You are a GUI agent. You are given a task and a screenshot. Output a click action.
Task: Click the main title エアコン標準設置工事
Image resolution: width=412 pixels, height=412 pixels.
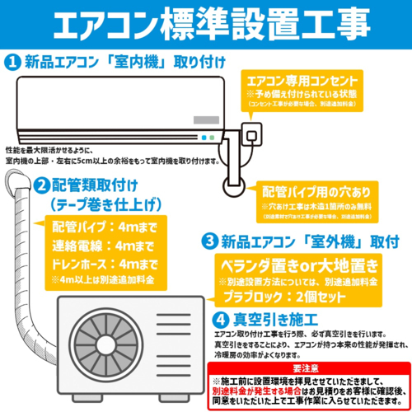(206, 24)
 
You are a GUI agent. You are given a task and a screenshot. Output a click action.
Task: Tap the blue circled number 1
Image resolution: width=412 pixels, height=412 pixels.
(12, 62)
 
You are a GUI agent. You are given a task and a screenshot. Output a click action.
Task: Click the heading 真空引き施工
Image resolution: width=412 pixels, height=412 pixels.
(267, 316)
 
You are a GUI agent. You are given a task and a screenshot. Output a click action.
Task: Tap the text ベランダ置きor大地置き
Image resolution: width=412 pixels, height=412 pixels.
(300, 265)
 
